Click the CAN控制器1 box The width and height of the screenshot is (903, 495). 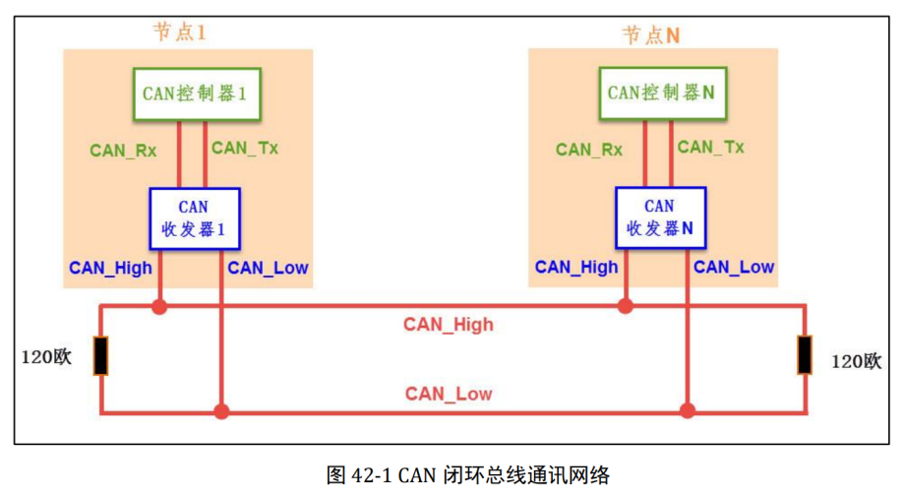click(x=193, y=93)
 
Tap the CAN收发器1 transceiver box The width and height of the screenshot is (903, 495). click(x=194, y=219)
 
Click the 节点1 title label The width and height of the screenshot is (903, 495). click(x=179, y=32)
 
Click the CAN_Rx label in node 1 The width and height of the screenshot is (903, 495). click(x=123, y=151)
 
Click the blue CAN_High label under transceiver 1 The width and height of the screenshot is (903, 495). click(x=108, y=268)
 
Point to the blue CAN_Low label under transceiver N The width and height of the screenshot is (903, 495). click(x=734, y=267)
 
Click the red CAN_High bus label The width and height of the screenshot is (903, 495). click(x=449, y=324)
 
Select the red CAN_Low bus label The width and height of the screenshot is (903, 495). click(x=449, y=395)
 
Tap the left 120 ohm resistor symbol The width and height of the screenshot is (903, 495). click(x=100, y=356)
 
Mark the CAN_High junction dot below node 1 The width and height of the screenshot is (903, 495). click(x=159, y=307)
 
